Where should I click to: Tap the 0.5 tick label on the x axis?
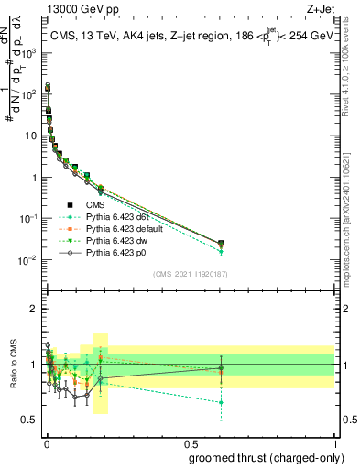(190, 443)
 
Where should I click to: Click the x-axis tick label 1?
(334, 443)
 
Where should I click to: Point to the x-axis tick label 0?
(46, 443)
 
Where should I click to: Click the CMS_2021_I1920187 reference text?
(190, 274)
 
